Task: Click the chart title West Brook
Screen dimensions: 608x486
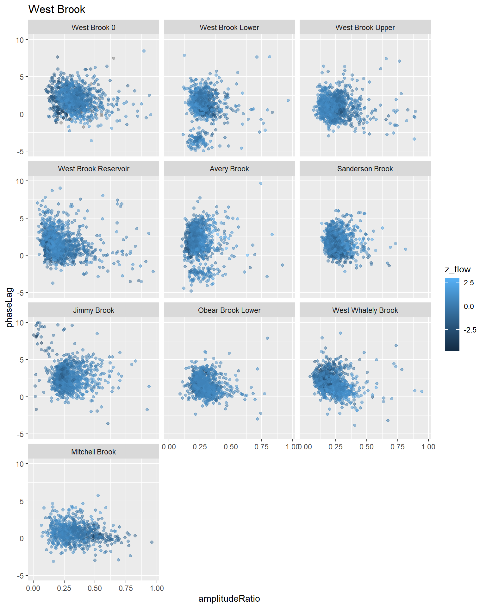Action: point(57,9)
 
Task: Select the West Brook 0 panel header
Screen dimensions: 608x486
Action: point(93,28)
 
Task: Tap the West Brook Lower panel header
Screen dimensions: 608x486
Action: point(229,28)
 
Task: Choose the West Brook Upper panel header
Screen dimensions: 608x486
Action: point(365,28)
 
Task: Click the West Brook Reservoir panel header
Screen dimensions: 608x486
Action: point(93,169)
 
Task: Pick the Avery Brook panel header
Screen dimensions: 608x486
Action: point(229,169)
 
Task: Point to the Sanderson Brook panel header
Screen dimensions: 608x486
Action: point(365,169)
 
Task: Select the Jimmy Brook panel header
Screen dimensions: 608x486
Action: point(93,310)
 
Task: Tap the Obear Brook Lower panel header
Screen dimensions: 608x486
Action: point(229,310)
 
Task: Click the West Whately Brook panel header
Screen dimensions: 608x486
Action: point(365,310)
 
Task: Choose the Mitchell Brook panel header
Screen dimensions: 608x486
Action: point(93,452)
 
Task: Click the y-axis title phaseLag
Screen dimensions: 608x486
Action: point(9,307)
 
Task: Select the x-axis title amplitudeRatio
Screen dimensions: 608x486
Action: point(229,598)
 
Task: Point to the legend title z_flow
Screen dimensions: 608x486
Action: point(458,269)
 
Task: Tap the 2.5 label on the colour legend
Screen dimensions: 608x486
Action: point(469,283)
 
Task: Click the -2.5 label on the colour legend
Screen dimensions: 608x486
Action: point(470,330)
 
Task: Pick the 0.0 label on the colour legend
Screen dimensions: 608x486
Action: point(469,307)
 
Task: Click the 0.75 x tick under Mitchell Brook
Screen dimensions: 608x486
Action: point(126,588)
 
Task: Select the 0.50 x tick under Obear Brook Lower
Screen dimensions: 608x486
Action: point(231,447)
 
